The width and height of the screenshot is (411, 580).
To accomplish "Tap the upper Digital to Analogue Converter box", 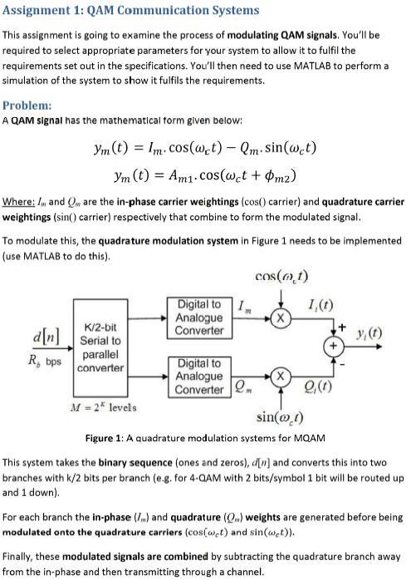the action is click(199, 317).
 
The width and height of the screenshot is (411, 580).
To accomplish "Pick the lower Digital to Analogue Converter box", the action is click(199, 376).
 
